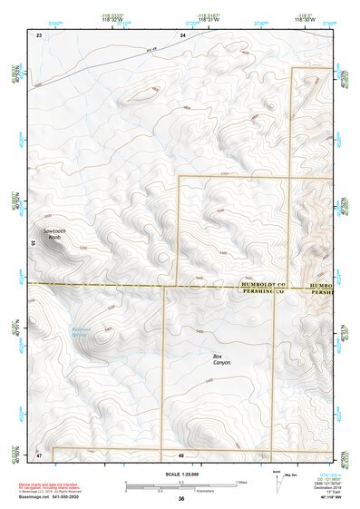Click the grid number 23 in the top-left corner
(39, 34)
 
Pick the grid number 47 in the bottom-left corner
(39, 454)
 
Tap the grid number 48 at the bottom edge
(182, 454)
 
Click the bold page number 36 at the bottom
(181, 499)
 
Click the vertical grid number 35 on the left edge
(33, 243)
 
